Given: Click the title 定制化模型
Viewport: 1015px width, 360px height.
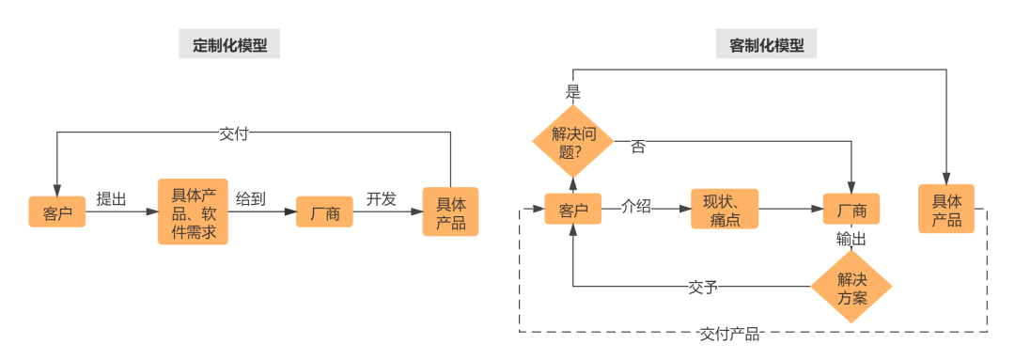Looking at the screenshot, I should pyautogui.click(x=230, y=44).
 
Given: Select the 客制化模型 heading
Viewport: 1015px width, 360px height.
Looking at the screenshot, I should pyautogui.click(x=767, y=44).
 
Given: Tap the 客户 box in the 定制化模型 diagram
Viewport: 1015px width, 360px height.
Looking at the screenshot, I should pyautogui.click(x=57, y=212).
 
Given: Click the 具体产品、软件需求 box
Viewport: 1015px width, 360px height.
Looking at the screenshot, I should pyautogui.click(x=194, y=212).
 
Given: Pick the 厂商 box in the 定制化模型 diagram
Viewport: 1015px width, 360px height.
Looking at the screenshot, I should pyautogui.click(x=324, y=212).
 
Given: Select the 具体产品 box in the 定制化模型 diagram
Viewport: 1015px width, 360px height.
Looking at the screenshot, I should pyautogui.click(x=450, y=212).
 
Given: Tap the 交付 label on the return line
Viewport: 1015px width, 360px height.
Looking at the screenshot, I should pyautogui.click(x=234, y=133).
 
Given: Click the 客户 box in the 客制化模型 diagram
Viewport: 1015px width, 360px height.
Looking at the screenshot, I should pyautogui.click(x=573, y=209).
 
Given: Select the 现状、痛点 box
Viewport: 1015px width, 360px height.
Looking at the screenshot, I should pyautogui.click(x=725, y=209).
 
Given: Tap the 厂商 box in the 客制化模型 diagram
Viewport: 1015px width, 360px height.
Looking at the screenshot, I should pyautogui.click(x=851, y=209).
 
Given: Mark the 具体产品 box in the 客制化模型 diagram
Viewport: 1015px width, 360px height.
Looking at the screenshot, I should pyautogui.click(x=946, y=209).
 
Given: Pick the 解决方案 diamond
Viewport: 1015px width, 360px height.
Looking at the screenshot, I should pyautogui.click(x=851, y=285).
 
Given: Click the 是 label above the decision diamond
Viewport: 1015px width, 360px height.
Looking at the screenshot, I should pyautogui.click(x=572, y=91).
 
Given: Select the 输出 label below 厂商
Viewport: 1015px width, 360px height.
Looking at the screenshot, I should pyautogui.click(x=851, y=241).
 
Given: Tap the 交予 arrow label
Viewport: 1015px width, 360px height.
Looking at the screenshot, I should pyautogui.click(x=703, y=286).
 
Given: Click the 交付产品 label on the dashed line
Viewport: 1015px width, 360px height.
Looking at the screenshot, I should pyautogui.click(x=730, y=334).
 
